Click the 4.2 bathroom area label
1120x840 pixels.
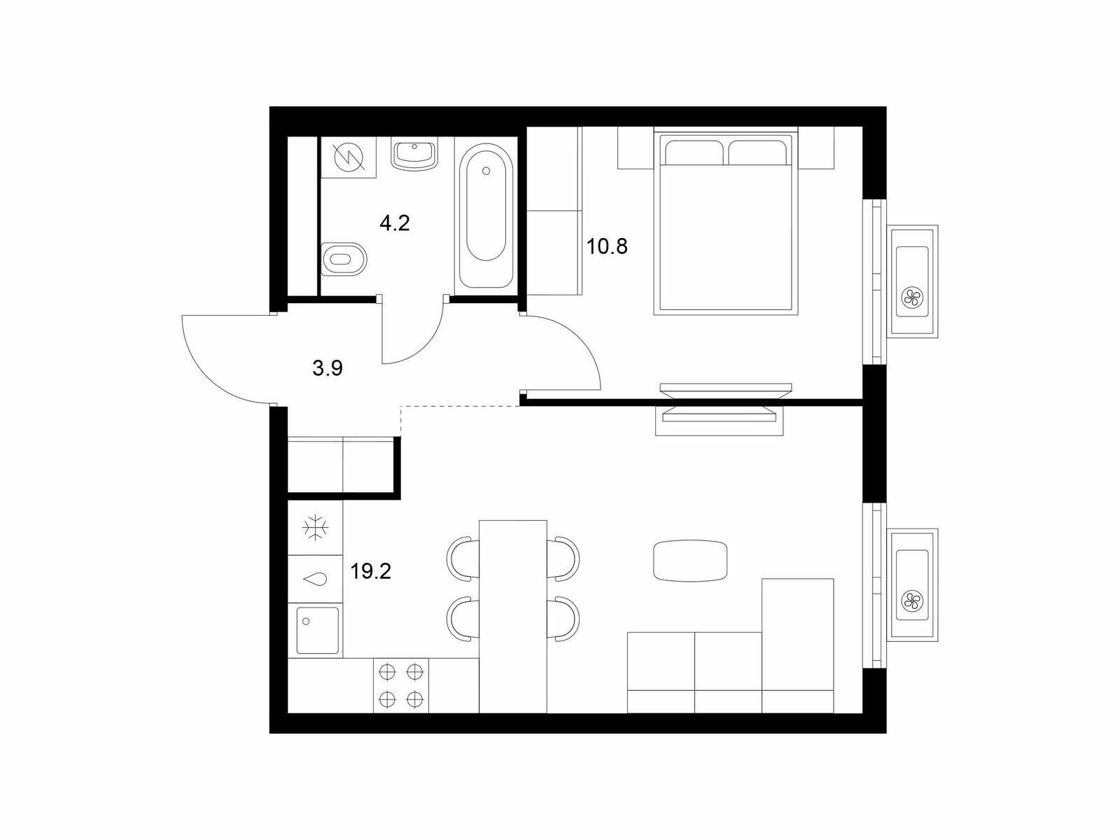tap(394, 223)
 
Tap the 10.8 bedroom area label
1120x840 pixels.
tap(607, 247)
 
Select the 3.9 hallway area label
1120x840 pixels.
tap(327, 367)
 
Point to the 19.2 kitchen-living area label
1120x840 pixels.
tap(370, 571)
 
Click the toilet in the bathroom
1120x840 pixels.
tap(344, 258)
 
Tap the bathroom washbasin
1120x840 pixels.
tap(414, 155)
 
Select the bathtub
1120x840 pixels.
tap(486, 216)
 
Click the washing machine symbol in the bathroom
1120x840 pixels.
tap(349, 156)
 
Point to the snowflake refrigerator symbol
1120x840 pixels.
tap(315, 528)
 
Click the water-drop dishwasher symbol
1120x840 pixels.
tap(314, 580)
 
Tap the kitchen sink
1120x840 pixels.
tap(317, 631)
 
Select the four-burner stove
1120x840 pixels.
tap(401, 685)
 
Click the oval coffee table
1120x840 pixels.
tap(690, 560)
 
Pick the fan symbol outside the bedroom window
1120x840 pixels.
tap(912, 297)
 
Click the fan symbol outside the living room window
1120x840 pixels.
tap(912, 601)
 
